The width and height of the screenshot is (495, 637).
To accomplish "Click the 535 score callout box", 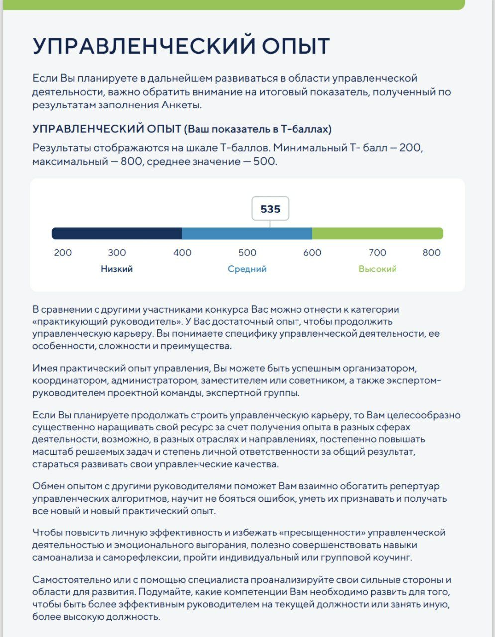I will [x=270, y=209].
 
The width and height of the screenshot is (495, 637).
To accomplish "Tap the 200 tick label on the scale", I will [x=63, y=252].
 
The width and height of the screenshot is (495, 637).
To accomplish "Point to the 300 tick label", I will [x=117, y=252].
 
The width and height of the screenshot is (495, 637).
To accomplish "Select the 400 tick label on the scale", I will [x=182, y=252].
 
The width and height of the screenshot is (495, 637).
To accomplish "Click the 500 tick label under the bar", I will [x=247, y=252].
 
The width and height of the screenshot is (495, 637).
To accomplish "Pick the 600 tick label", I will [x=312, y=252].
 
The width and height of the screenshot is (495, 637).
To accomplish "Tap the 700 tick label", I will [x=378, y=252].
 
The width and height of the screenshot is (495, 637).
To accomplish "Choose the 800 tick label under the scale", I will [x=431, y=252].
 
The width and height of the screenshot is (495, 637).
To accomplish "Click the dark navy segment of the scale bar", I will [x=117, y=233].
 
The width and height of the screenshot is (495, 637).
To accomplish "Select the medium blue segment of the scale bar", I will [x=247, y=233].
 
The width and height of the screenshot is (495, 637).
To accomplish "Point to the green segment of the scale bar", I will [x=377, y=233].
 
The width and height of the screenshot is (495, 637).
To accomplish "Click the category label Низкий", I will [x=117, y=269].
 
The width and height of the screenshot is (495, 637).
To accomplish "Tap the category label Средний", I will [x=247, y=269].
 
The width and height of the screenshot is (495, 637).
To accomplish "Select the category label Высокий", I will [x=378, y=269].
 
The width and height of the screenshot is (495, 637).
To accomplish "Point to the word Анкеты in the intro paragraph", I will [x=182, y=105].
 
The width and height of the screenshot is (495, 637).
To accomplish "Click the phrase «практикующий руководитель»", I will [x=95, y=321].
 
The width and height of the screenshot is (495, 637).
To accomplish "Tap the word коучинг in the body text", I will [x=393, y=557].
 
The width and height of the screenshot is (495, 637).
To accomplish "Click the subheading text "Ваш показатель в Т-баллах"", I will [x=258, y=129].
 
